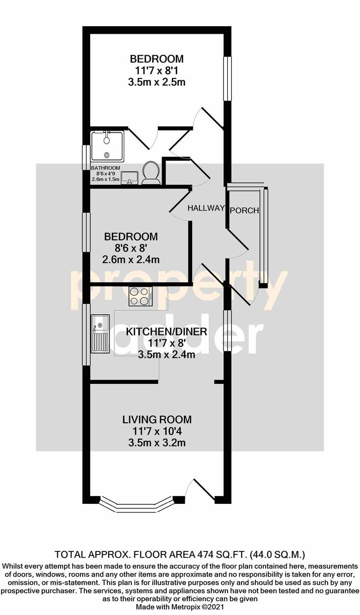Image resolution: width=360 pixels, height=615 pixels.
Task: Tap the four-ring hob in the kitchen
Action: click(141, 296)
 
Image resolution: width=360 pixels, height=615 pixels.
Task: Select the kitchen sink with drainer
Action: click(101, 334)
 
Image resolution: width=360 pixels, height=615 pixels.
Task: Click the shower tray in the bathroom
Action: click(108, 146)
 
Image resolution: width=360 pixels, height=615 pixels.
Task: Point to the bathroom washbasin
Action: click(129, 177)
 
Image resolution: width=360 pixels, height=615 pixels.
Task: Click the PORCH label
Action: click(244, 211)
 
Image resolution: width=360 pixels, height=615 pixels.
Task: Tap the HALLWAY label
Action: click(206, 208)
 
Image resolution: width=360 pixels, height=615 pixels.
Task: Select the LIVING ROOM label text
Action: click(157, 420)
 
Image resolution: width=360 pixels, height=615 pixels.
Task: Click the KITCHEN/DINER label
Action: click(166, 332)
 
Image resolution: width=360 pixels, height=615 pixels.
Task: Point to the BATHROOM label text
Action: click(106, 168)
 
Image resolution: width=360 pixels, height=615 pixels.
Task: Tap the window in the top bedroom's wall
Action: click(227, 78)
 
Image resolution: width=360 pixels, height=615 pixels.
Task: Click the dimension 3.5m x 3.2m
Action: click(157, 443)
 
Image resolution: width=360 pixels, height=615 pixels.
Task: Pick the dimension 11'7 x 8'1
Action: click(157, 71)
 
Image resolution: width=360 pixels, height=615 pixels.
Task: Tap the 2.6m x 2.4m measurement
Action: click(131, 259)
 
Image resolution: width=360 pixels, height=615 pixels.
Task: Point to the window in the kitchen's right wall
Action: click(228, 331)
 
